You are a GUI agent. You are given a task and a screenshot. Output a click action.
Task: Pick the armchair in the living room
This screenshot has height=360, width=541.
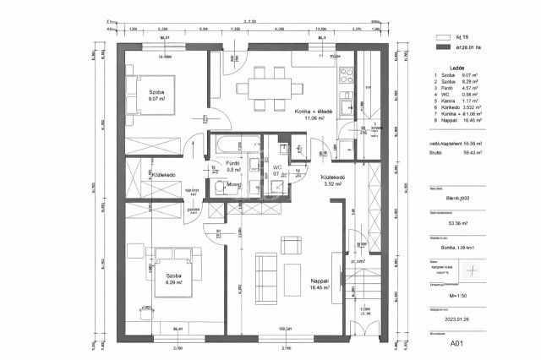pos(291,244)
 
